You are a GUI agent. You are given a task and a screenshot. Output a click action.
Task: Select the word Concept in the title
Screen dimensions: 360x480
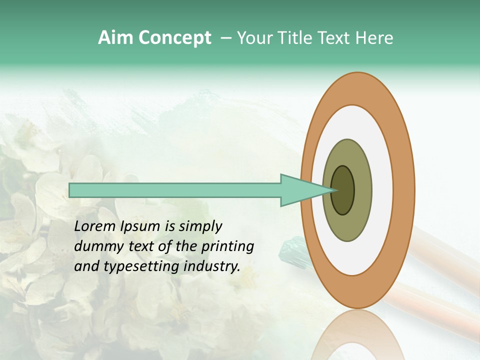click(x=174, y=38)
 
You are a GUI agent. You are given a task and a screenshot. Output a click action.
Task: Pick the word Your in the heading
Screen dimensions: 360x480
click(x=256, y=38)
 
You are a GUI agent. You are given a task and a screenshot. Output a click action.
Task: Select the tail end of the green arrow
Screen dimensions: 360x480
click(x=70, y=190)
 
